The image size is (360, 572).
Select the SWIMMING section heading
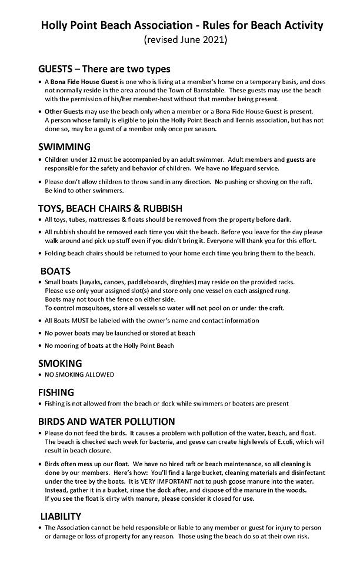click(x=64, y=147)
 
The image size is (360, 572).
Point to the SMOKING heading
click(x=60, y=363)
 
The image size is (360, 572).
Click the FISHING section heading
click(x=56, y=392)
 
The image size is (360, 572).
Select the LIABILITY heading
click(x=61, y=516)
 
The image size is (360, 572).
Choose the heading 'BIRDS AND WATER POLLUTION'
click(x=106, y=421)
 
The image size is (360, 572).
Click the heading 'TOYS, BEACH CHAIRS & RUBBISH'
click(x=110, y=208)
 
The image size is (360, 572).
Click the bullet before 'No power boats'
click(x=39, y=333)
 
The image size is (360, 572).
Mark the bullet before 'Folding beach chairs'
click(x=39, y=254)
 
